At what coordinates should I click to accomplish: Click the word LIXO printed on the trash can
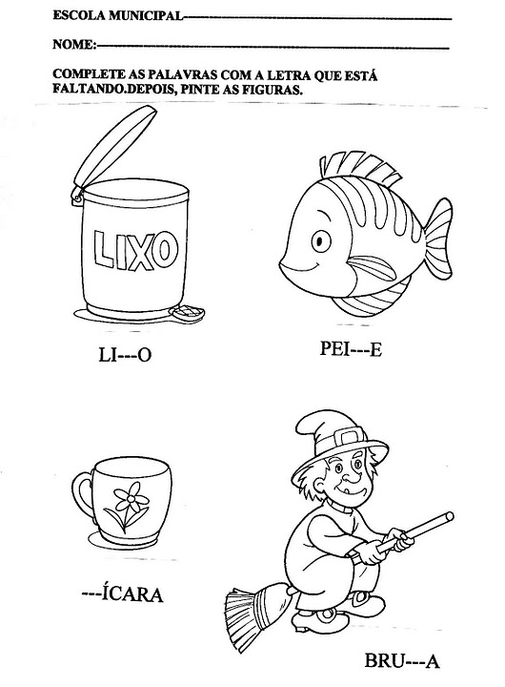tap(136, 249)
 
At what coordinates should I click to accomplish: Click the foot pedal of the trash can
tap(188, 313)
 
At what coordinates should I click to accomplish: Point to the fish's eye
tap(320, 240)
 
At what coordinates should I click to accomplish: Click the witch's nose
tap(349, 475)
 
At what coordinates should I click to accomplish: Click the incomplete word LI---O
tap(125, 354)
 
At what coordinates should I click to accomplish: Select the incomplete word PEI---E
tap(351, 349)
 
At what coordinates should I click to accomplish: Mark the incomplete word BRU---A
tap(402, 660)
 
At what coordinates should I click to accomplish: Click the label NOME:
tap(74, 44)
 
